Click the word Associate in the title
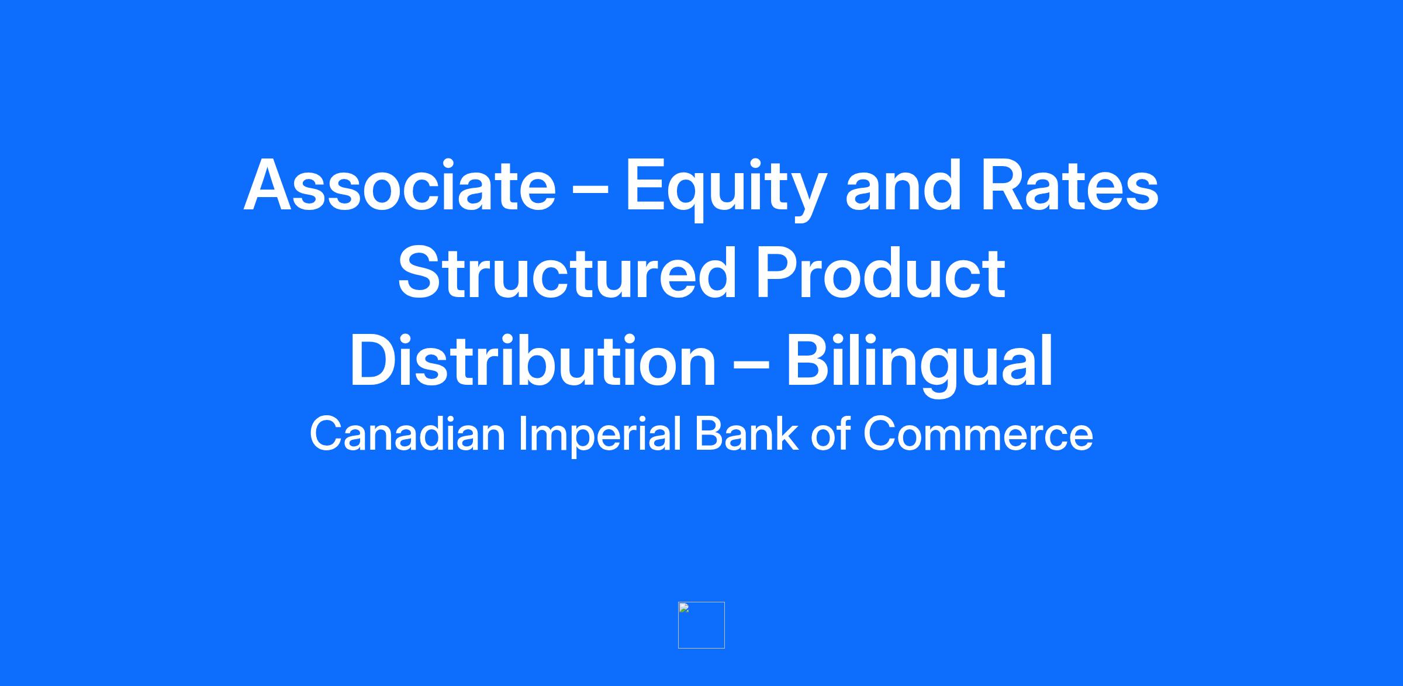tap(400, 184)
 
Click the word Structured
tap(566, 272)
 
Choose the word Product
tap(880, 272)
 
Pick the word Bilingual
tap(920, 365)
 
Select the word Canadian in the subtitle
tap(407, 434)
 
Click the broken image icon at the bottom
tap(701, 625)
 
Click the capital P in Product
tap(776, 272)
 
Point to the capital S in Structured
tap(420, 272)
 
